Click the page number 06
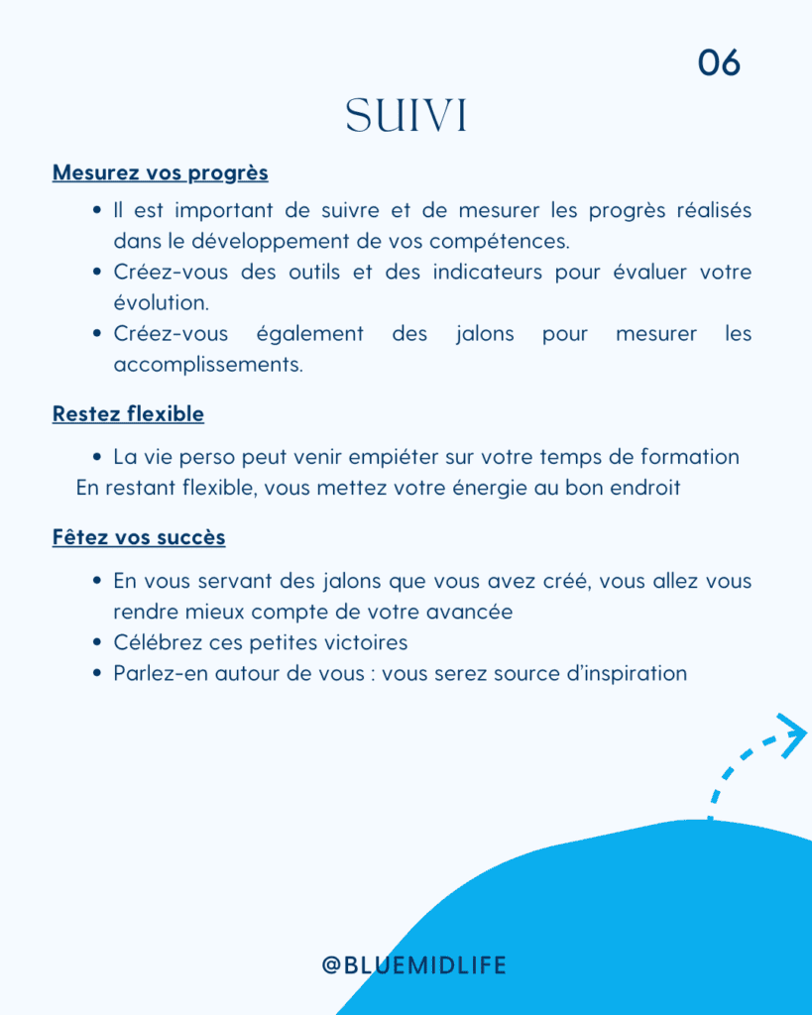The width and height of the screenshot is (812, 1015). tap(719, 62)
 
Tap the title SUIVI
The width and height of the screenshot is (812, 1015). tap(406, 117)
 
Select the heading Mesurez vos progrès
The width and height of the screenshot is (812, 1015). tap(160, 172)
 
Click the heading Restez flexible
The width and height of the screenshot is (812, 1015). tap(128, 413)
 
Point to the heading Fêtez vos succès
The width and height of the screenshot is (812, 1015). tap(139, 537)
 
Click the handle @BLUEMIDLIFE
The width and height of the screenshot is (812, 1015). tap(413, 964)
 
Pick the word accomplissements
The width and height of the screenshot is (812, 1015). tap(208, 365)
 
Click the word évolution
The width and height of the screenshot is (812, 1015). tap(161, 303)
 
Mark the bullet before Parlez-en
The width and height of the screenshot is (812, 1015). tap(97, 673)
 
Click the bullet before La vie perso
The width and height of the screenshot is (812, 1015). tap(97, 458)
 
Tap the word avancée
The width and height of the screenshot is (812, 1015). tap(471, 612)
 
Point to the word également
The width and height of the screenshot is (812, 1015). tap(310, 334)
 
